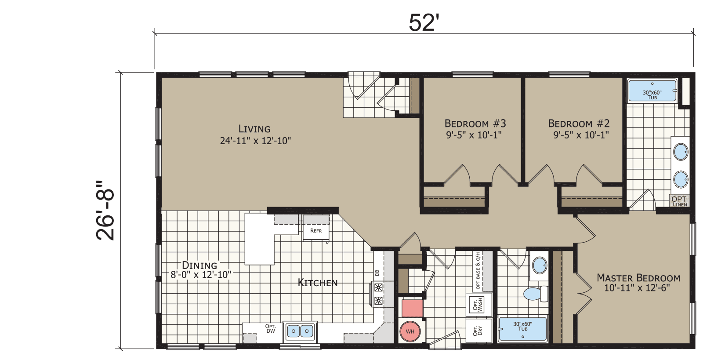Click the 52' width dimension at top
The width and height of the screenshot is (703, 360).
click(x=424, y=23)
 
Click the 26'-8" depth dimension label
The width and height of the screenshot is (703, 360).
click(x=105, y=210)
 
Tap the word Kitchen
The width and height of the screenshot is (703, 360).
click(x=318, y=283)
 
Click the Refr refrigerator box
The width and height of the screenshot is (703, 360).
click(x=316, y=231)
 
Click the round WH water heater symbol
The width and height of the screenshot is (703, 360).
click(x=410, y=331)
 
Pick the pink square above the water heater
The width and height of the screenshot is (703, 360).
click(x=412, y=308)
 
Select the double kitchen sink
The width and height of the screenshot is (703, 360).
click(x=300, y=331)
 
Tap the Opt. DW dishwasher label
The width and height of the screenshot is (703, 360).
click(x=270, y=329)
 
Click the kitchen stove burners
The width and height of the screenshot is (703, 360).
click(x=378, y=295)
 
